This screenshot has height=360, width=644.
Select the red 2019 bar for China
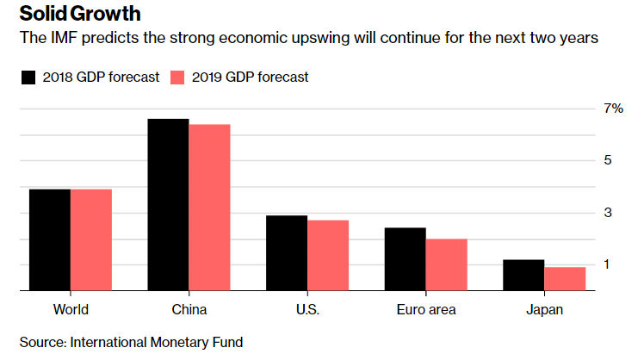(209, 208)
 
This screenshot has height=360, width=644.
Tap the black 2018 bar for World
(50, 240)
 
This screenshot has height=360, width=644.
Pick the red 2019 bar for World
(91, 240)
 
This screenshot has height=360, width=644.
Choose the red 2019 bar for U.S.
(327, 256)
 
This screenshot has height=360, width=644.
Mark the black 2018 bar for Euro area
(405, 259)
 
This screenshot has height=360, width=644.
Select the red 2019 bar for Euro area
(446, 265)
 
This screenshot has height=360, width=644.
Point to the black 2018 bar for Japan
(523, 276)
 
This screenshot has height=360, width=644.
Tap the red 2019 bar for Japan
(564, 279)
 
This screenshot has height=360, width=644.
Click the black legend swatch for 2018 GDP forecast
(28, 78)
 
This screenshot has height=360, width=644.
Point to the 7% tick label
(612, 109)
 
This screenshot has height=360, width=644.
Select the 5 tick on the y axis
(607, 160)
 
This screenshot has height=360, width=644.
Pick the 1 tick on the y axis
(607, 264)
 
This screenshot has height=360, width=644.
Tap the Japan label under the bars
(543, 309)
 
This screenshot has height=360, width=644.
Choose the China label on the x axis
(189, 309)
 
